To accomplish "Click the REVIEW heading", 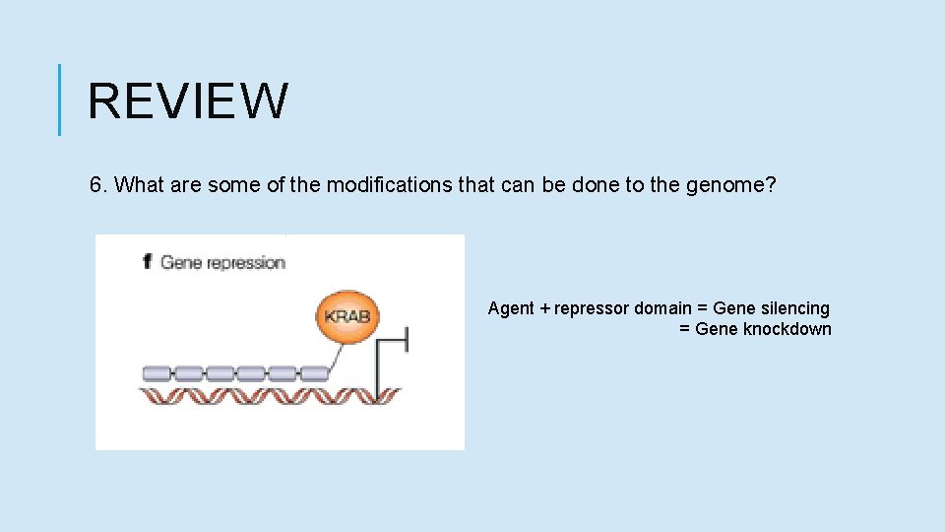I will (188, 100).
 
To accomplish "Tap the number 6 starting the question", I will (96, 185).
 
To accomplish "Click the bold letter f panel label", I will (148, 262).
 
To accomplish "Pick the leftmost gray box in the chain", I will (157, 373).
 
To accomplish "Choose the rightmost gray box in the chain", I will (313, 373).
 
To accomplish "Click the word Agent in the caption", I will (511, 308).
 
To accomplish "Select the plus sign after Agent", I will (544, 309).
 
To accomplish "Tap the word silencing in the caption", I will (794, 308).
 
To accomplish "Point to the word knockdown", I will (787, 329).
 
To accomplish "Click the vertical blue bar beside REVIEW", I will (60, 100).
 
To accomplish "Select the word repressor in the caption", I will (592, 309).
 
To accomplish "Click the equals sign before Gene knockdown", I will (684, 330).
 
